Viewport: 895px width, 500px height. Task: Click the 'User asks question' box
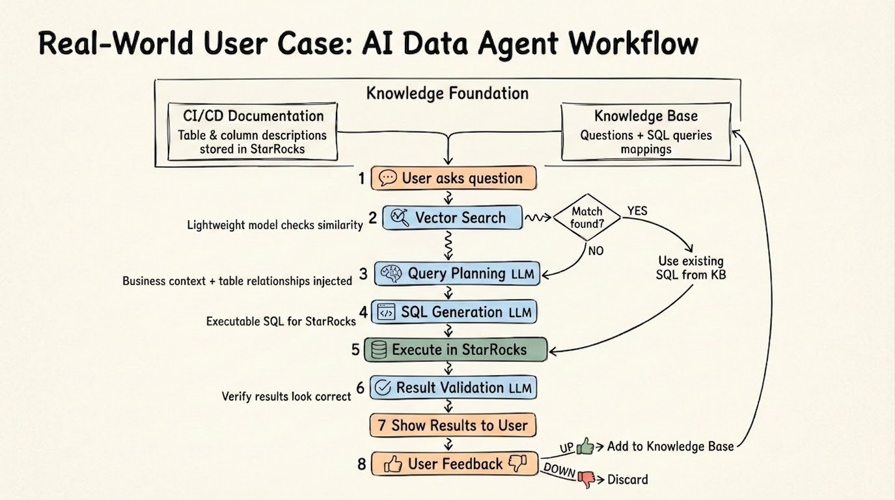coord(454,178)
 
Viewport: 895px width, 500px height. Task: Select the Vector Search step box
coord(452,217)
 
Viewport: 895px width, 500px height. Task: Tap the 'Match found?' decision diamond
coord(586,217)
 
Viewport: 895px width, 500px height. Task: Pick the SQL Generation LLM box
coord(454,312)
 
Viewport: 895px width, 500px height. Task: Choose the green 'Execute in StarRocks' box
coord(455,350)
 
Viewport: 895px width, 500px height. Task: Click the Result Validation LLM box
coord(454,388)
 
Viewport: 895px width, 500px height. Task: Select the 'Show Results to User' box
coord(453,426)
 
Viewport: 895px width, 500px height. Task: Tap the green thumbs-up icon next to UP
coord(585,447)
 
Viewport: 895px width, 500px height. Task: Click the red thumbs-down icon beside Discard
coord(586,480)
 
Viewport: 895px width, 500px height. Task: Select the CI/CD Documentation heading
coord(253,116)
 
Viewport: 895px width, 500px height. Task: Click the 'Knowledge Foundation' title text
coord(447,93)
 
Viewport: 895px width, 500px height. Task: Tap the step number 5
coord(355,350)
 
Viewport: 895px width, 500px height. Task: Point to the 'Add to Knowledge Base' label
coord(670,447)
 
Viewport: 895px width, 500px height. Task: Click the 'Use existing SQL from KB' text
coord(691,268)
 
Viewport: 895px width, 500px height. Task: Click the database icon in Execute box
coord(378,350)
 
